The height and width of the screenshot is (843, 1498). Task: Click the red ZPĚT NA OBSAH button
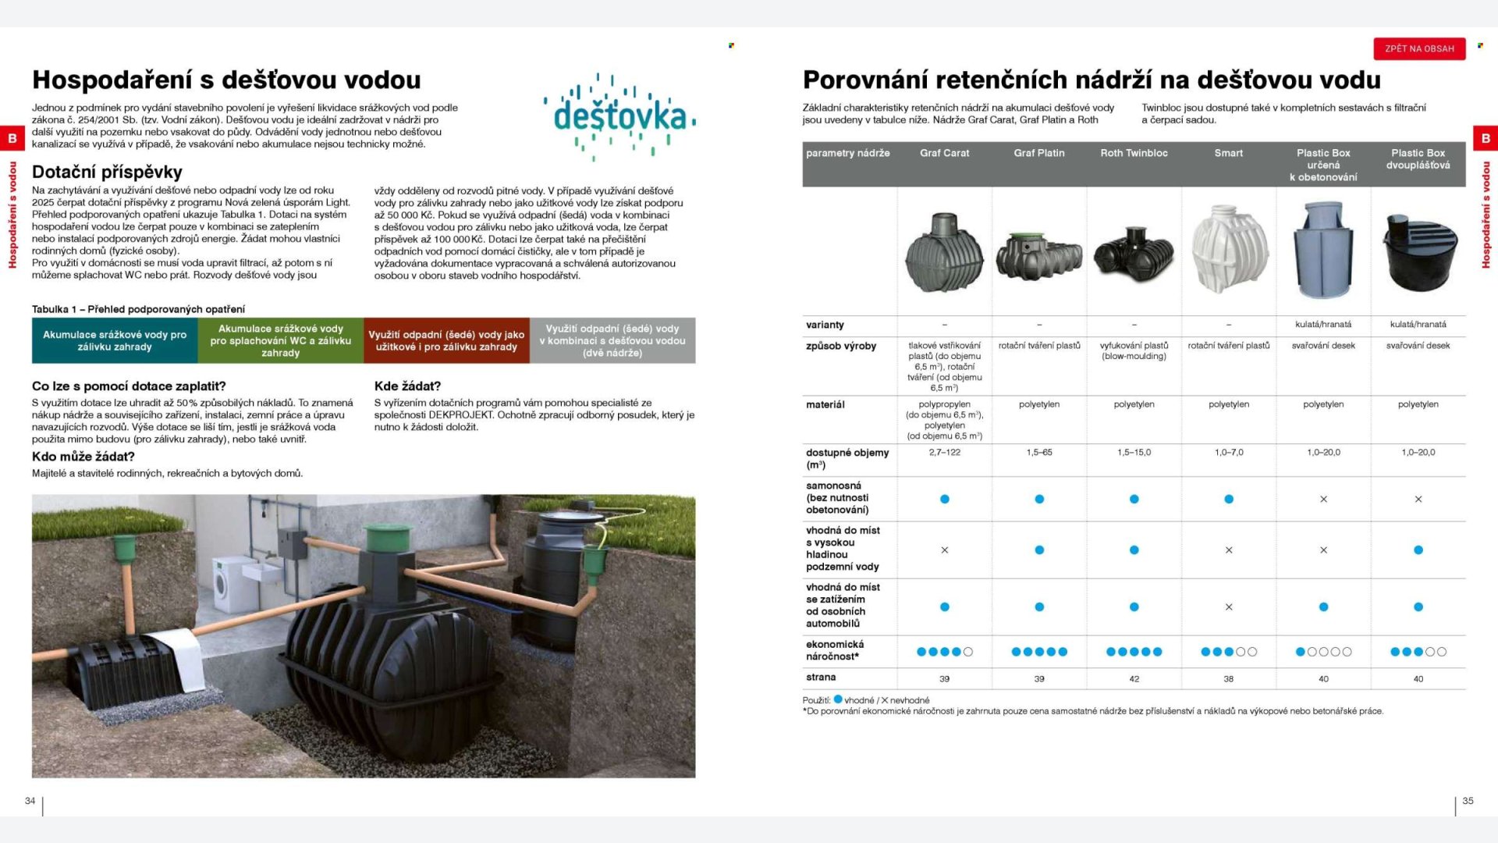pyautogui.click(x=1419, y=48)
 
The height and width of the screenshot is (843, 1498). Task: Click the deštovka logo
pyautogui.click(x=620, y=117)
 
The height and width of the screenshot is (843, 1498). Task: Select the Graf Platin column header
pyautogui.click(x=1038, y=153)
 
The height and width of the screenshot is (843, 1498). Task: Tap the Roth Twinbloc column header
pyautogui.click(x=1134, y=153)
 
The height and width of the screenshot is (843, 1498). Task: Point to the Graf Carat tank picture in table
pyautogui.click(x=944, y=254)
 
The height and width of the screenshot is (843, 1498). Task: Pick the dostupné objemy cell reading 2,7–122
pyautogui.click(x=944, y=453)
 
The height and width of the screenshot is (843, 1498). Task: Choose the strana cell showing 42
pyautogui.click(x=1134, y=679)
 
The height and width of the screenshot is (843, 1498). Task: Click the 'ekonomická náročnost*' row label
pyautogui.click(x=835, y=650)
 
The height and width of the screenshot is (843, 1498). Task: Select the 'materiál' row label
pyautogui.click(x=825, y=404)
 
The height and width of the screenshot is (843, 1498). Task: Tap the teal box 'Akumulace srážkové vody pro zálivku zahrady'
pyautogui.click(x=115, y=340)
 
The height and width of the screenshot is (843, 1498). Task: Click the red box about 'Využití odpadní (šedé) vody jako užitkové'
pyautogui.click(x=446, y=340)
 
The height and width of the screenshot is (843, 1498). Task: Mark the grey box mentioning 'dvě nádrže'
pyautogui.click(x=612, y=340)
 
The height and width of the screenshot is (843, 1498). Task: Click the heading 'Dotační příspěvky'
pyautogui.click(x=107, y=172)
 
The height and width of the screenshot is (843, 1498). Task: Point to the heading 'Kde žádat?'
pyautogui.click(x=407, y=386)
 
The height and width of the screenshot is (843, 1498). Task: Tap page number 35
pyautogui.click(x=1468, y=801)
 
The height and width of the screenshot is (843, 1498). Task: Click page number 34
pyautogui.click(x=30, y=801)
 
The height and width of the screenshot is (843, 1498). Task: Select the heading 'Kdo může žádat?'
pyautogui.click(x=83, y=457)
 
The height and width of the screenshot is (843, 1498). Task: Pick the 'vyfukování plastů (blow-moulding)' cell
pyautogui.click(x=1134, y=350)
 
